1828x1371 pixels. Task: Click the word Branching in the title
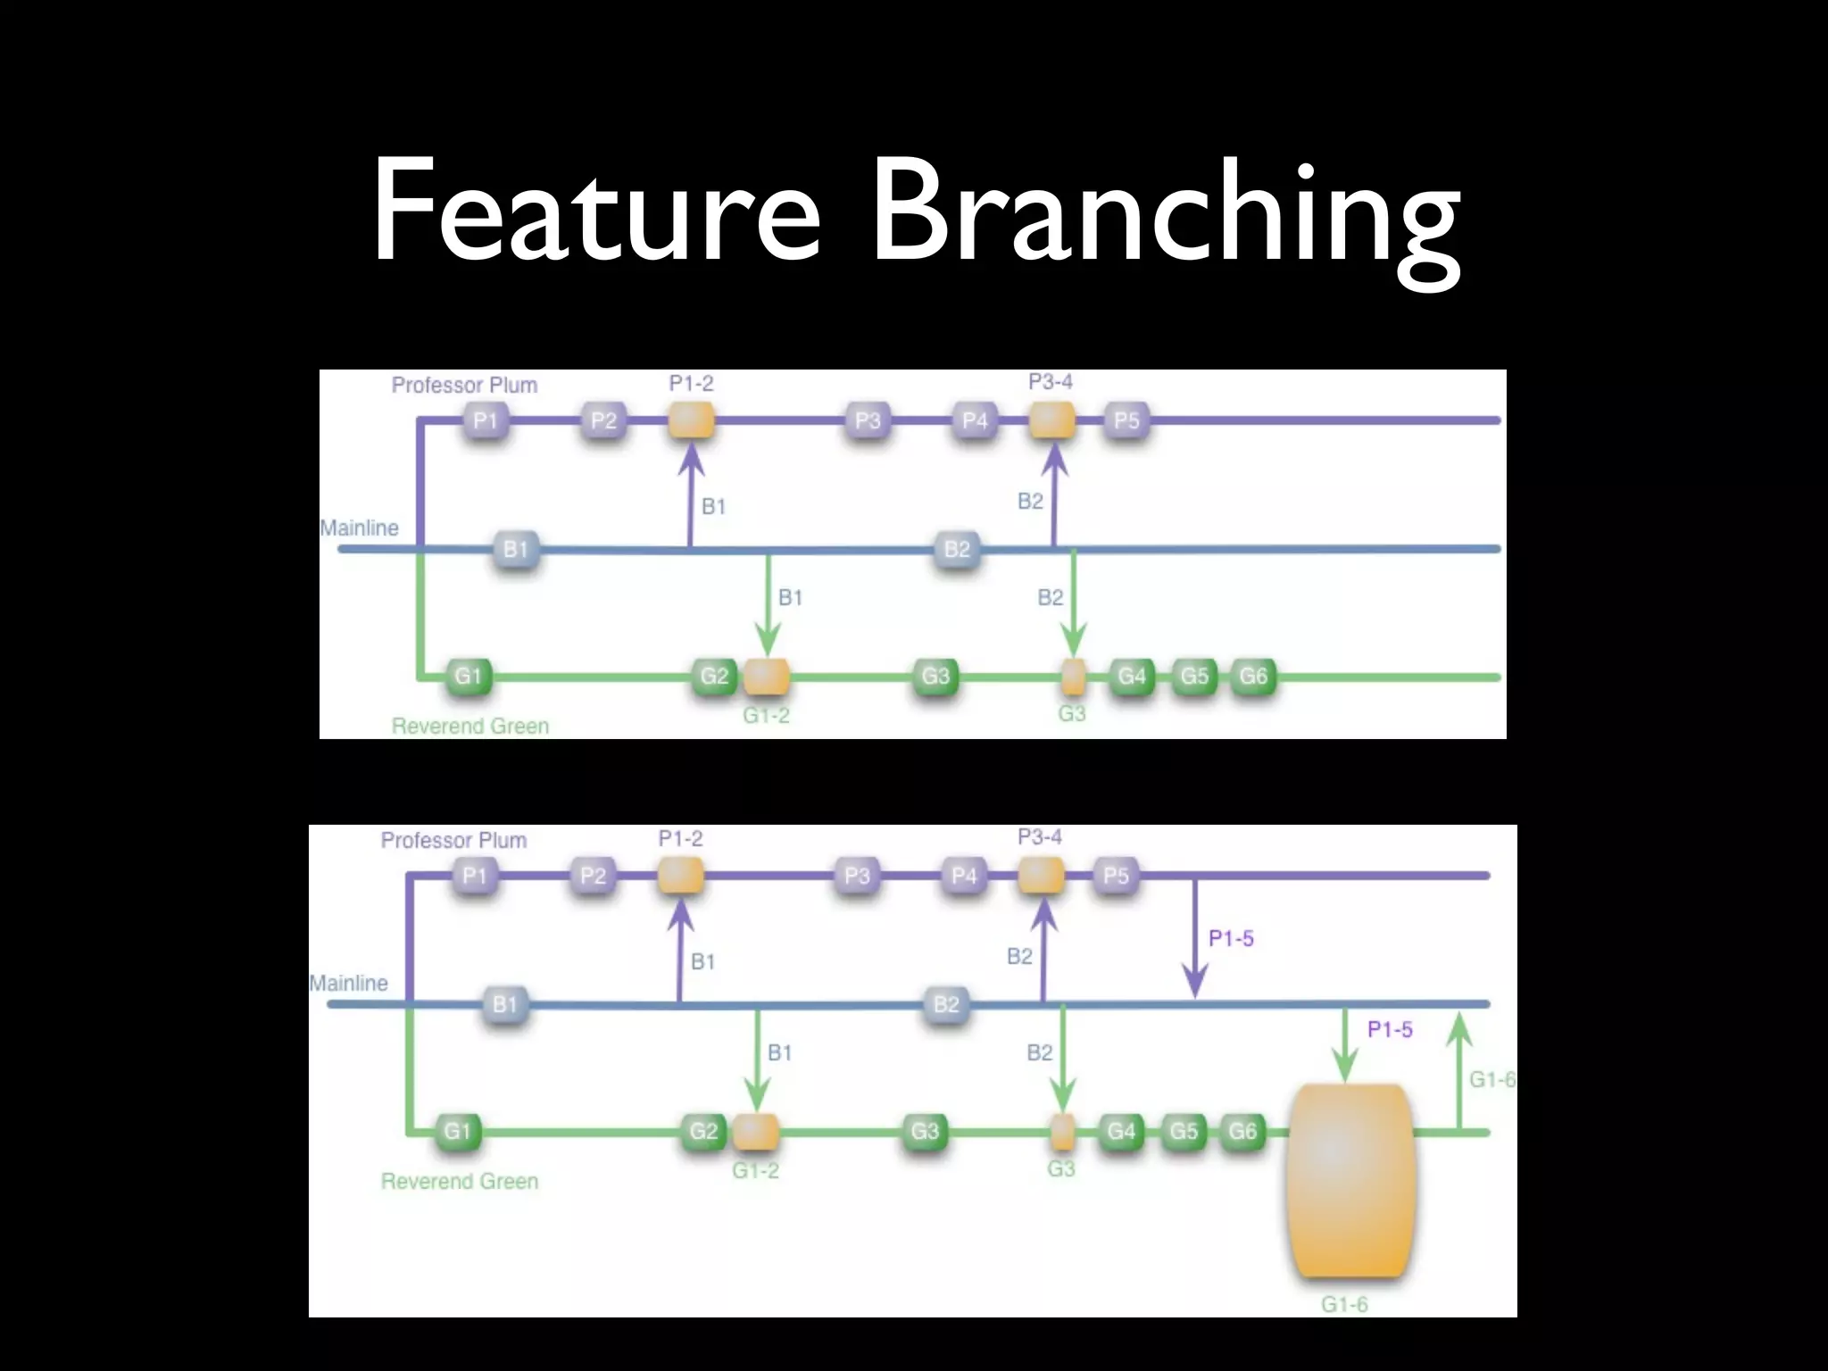coord(1165,214)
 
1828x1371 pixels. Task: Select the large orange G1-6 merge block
coord(1350,1180)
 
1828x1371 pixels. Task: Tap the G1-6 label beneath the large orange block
coord(1344,1305)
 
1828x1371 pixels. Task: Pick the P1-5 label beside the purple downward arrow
coord(1231,938)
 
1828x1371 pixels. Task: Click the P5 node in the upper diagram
coord(1126,420)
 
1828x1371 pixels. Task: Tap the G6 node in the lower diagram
coord(1242,1132)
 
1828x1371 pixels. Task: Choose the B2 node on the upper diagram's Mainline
coord(957,548)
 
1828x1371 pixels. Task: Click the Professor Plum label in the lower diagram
coord(453,840)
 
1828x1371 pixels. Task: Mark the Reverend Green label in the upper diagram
coord(470,727)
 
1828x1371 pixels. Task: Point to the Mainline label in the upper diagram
coord(360,528)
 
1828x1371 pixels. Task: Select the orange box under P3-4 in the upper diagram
coord(1051,420)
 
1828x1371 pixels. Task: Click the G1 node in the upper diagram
coord(468,676)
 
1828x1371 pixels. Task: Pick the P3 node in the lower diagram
coord(857,876)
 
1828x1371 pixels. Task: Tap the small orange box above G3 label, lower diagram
coord(1061,1132)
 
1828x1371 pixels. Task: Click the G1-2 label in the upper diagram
coord(766,716)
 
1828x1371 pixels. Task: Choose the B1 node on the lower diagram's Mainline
coord(505,1004)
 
